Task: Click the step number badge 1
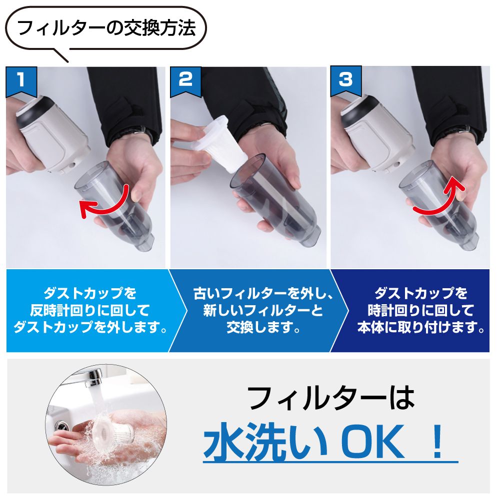pos(21,81)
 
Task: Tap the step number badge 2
pos(185,81)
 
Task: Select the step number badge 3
pos(346,80)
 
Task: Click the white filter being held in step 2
pos(221,143)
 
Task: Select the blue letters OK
pos(372,442)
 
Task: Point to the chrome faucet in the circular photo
pos(84,376)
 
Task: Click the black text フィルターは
pos(331,398)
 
